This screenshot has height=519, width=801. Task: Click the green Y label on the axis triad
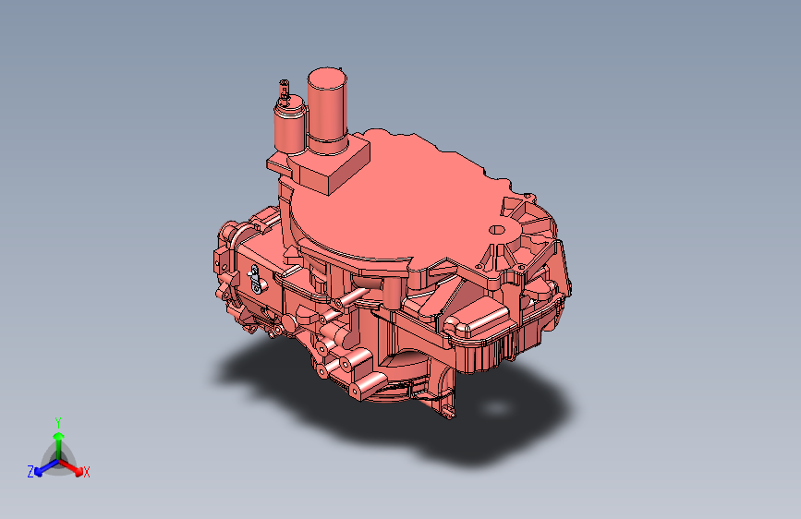point(58,423)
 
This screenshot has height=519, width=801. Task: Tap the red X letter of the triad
point(86,473)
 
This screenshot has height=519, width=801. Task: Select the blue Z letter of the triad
point(30,472)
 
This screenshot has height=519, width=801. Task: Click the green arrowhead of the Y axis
point(59,436)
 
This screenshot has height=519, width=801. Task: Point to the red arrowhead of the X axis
point(78,471)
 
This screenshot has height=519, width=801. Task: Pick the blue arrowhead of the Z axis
point(39,473)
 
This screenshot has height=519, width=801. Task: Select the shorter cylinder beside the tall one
point(290,127)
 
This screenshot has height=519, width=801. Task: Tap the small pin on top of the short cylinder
point(284,91)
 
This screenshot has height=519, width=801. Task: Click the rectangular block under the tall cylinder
point(332,163)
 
